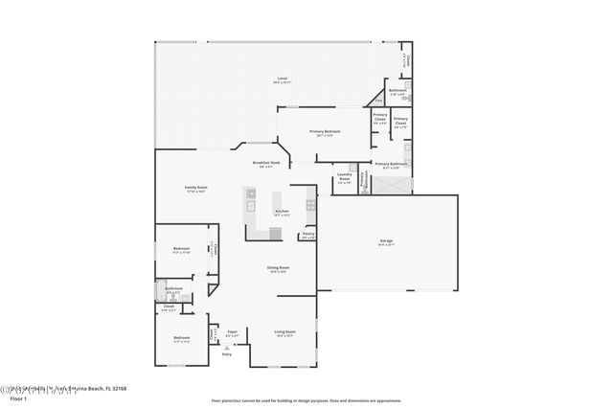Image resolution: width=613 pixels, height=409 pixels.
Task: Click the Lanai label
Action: pyautogui.click(x=283, y=79)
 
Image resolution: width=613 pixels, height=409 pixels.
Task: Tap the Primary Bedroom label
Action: pyautogui.click(x=325, y=131)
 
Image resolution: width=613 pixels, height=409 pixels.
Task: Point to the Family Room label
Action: pyautogui.click(x=195, y=189)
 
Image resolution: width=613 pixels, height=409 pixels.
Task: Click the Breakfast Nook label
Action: pyautogui.click(x=266, y=164)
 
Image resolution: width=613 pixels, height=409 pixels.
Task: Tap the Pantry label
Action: pyautogui.click(x=308, y=235)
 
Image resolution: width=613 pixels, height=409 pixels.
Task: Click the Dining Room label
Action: pyautogui.click(x=279, y=269)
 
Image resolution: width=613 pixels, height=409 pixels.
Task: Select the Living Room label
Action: pyautogui.click(x=285, y=333)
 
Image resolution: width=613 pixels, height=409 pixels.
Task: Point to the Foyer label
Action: pyautogui.click(x=232, y=333)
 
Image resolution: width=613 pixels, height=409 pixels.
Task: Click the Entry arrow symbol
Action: pyautogui.click(x=227, y=348)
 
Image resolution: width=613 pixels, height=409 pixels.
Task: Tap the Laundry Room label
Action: pyautogui.click(x=344, y=180)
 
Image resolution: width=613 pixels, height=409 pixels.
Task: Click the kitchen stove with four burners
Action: pyautogui.click(x=310, y=203)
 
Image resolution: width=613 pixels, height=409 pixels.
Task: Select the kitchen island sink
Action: pyautogui.click(x=251, y=204)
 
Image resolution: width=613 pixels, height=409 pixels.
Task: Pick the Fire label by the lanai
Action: pyautogui.click(x=379, y=101)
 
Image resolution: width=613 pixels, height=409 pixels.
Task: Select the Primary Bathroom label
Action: pyautogui.click(x=392, y=165)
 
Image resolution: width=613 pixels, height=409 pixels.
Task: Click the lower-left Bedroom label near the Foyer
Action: pyautogui.click(x=181, y=339)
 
